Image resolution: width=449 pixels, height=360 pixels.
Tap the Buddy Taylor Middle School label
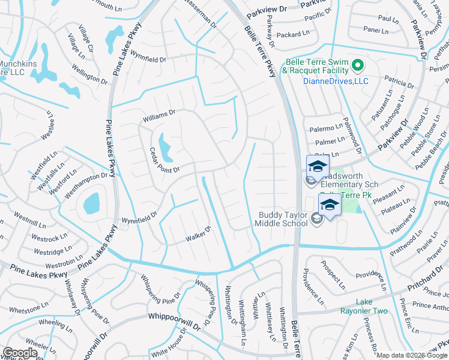(283, 219)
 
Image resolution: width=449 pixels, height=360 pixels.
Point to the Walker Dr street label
(199, 233)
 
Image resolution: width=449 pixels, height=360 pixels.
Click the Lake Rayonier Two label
(372, 306)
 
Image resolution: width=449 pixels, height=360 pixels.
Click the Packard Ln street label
(294, 35)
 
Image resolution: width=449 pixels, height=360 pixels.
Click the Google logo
(20, 353)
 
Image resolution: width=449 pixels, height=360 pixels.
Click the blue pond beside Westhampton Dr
(92, 203)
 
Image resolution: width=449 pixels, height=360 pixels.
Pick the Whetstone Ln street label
(28, 308)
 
